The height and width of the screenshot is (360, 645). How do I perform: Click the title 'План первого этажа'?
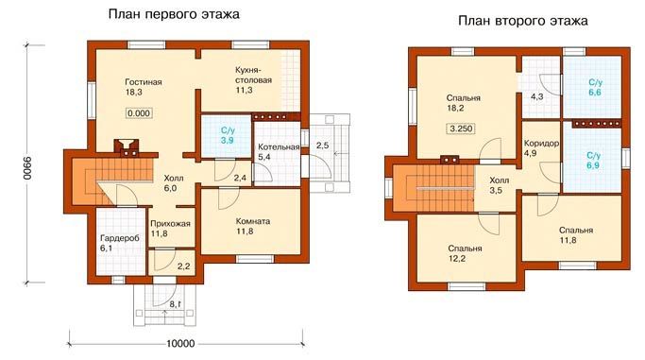coord(174,15)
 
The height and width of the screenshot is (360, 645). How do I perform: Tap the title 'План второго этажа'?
coord(523,21)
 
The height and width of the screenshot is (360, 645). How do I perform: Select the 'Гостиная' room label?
coord(144,82)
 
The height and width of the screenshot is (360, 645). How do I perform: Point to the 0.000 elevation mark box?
coord(139,113)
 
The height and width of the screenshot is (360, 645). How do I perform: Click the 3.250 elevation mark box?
coord(461,129)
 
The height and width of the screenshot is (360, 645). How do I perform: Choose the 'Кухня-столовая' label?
coord(253,75)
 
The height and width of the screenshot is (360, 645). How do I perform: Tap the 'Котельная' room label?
coord(279,146)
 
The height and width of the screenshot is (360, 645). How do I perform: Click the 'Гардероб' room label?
coord(120,238)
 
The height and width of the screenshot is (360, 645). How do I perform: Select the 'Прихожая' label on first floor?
coord(170,224)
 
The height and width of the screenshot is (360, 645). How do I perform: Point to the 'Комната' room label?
coord(253,221)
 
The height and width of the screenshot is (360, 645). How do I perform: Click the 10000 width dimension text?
coord(181,344)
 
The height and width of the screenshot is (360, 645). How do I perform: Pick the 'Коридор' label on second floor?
coord(541,144)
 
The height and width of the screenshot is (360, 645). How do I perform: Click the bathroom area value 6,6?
coord(595,93)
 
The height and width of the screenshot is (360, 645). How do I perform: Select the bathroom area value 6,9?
coord(594,165)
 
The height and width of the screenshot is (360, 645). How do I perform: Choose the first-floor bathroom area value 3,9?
coord(228,140)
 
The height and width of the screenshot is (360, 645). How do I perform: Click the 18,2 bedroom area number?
coord(456,109)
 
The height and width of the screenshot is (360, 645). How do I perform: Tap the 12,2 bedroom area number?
coord(457,259)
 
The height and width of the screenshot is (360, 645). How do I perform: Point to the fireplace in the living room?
coord(127,148)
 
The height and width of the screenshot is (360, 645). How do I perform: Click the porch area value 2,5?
coord(323,146)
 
